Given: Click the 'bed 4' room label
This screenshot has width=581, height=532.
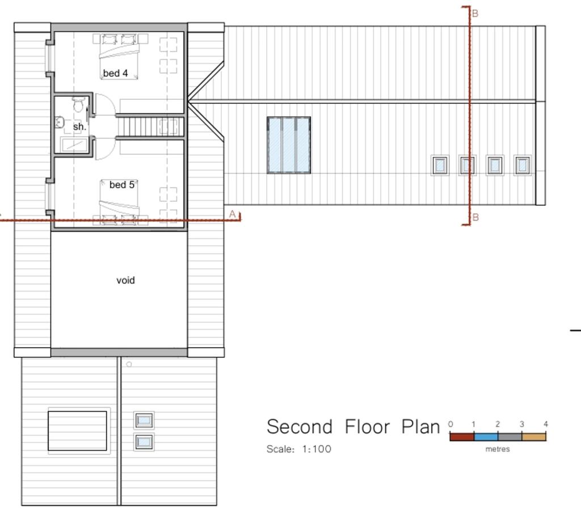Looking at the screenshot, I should [115, 74].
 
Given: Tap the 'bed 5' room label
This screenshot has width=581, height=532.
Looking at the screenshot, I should [121, 185].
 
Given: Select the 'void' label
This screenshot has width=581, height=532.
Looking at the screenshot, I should [125, 280].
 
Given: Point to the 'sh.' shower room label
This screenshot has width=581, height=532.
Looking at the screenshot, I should [79, 127].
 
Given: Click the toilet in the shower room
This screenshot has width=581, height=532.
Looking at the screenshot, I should [78, 105].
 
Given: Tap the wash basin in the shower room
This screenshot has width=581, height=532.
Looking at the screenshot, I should [60, 122].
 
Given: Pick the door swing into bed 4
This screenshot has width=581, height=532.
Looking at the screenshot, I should [105, 104].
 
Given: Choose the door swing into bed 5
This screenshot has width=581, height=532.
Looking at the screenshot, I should [105, 149].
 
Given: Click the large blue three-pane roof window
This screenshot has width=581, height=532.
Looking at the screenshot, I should [289, 145].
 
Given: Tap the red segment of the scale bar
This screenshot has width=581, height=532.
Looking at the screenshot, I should [461, 437].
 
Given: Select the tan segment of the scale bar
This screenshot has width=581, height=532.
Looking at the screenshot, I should [533, 437].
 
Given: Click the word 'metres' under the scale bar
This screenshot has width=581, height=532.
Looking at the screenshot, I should [498, 449].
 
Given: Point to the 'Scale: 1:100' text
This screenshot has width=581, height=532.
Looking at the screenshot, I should [299, 449].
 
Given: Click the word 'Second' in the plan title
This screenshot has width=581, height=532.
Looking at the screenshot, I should [299, 427].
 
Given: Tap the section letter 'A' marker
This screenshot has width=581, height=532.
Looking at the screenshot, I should [232, 214].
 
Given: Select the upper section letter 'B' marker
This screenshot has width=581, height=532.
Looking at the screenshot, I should [475, 14].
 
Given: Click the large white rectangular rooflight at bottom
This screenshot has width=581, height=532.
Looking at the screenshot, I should [77, 431].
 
